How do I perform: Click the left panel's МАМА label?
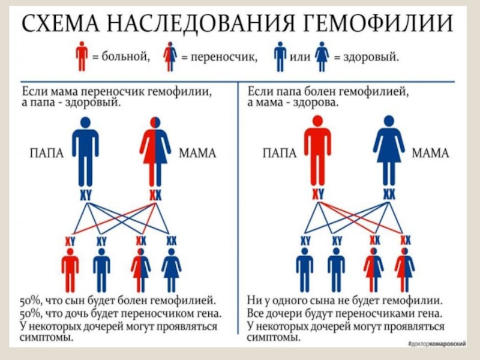[198, 154]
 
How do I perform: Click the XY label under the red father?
[317, 194]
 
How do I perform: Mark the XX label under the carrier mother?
[155, 194]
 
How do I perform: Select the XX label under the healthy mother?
[389, 194]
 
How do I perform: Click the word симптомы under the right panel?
[273, 338]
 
